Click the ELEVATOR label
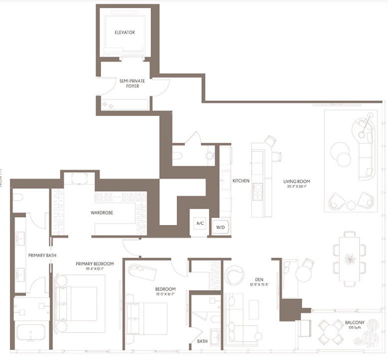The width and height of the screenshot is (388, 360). pos(125,32)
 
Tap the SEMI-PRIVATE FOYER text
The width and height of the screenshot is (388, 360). pos(129,83)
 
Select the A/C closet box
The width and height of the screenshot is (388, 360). pos(200,223)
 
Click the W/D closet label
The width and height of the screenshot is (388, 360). pos(220,227)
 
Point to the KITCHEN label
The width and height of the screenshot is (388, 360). pos(241,180)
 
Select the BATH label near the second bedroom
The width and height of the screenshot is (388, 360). pos(202,341)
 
